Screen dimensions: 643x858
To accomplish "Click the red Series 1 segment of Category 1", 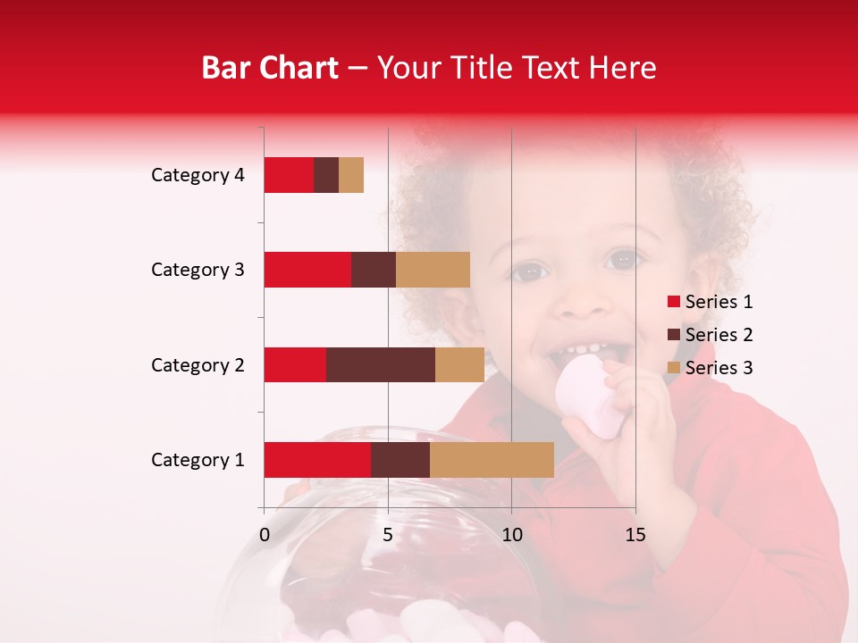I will pyautogui.click(x=317, y=460).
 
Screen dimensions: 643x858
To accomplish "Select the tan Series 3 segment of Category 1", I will pyautogui.click(x=492, y=460).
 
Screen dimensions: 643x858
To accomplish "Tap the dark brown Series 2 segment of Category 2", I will pyautogui.click(x=381, y=364).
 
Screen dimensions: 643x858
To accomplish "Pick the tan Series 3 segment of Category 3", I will pyautogui.click(x=433, y=270).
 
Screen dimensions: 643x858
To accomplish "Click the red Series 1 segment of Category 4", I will pyautogui.click(x=289, y=175).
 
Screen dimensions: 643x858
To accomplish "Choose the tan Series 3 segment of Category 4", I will pyautogui.click(x=351, y=175).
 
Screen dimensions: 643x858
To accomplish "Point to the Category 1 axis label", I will pyautogui.click(x=198, y=460).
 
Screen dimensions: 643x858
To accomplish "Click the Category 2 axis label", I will pyautogui.click(x=198, y=364).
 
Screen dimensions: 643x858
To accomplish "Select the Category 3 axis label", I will pyautogui.click(x=198, y=270).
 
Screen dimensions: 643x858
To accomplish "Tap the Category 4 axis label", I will pyautogui.click(x=198, y=175).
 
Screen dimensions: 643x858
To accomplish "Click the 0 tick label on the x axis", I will pyautogui.click(x=265, y=535).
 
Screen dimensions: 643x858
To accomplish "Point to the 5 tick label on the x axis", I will pyautogui.click(x=388, y=535).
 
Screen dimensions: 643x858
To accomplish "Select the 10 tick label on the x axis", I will pyautogui.click(x=511, y=535).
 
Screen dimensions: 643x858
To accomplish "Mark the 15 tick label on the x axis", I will pyautogui.click(x=635, y=535).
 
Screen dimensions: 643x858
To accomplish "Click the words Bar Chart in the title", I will pyautogui.click(x=270, y=68).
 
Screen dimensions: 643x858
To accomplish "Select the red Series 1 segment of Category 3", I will pyautogui.click(x=307, y=270).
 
